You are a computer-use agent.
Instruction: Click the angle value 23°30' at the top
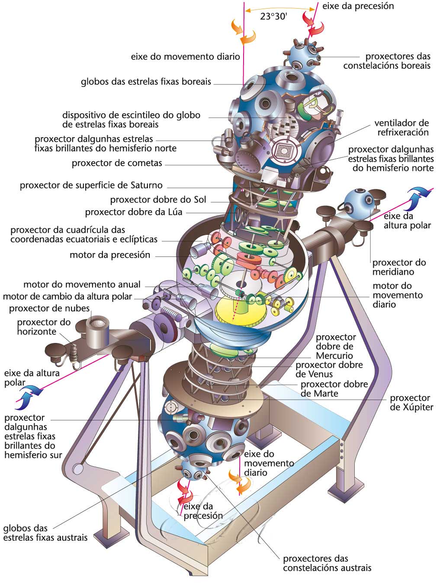pyautogui.click(x=274, y=16)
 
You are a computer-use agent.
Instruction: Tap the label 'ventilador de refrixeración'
pyautogui.click(x=402, y=128)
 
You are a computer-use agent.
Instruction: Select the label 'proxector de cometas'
pyautogui.click(x=117, y=163)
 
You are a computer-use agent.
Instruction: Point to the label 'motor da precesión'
pyautogui.click(x=110, y=255)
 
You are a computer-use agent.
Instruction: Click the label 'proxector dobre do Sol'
pyautogui.click(x=158, y=200)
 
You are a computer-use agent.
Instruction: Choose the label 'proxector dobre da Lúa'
pyautogui.click(x=134, y=212)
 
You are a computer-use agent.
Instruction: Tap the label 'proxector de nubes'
pyautogui.click(x=49, y=308)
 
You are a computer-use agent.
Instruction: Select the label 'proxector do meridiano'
pyautogui.click(x=399, y=267)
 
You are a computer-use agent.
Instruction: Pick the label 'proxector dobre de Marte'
pyautogui.click(x=334, y=388)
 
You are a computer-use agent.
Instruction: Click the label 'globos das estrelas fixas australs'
pyautogui.click(x=45, y=533)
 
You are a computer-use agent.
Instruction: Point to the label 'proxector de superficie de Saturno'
pyautogui.click(x=91, y=186)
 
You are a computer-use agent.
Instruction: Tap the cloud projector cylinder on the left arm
pyautogui.click(x=97, y=331)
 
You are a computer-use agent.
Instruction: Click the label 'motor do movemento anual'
pyautogui.click(x=82, y=285)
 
